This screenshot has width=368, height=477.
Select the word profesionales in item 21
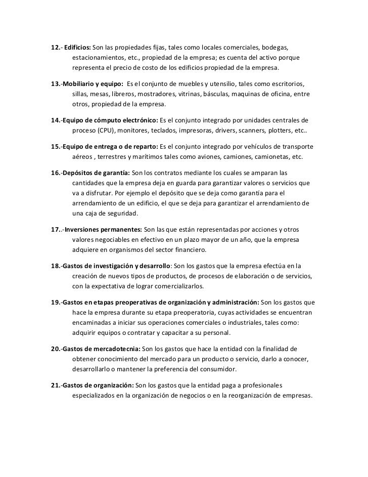[x=261, y=385]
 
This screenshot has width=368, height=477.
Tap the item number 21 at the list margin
[x=56, y=385]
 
